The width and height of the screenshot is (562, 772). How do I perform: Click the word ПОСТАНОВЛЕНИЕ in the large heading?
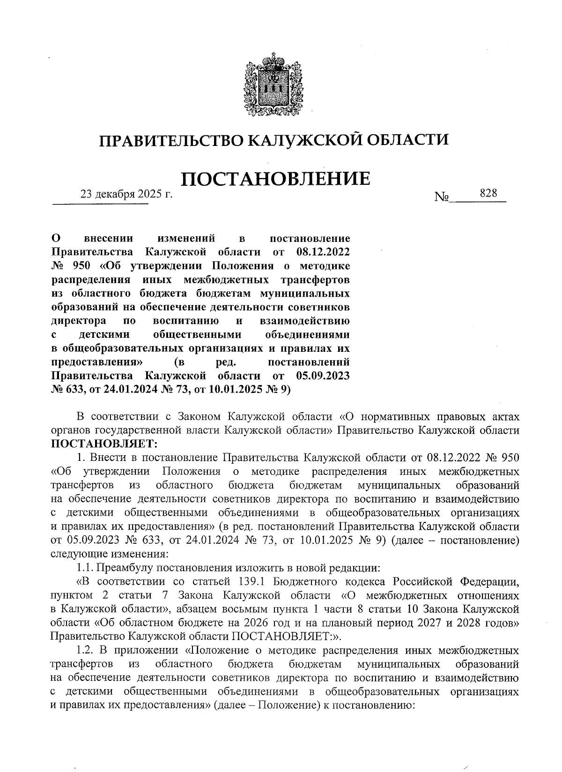click(275, 179)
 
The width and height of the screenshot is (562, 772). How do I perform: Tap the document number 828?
click(488, 193)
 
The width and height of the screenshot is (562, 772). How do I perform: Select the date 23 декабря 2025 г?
click(126, 194)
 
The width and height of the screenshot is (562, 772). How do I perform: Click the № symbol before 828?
click(441, 198)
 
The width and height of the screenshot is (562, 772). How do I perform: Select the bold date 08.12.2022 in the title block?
click(323, 253)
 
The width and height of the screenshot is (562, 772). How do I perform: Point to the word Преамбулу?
click(126, 568)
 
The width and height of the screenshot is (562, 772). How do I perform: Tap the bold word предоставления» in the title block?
click(97, 362)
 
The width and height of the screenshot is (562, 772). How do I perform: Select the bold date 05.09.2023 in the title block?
click(323, 376)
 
